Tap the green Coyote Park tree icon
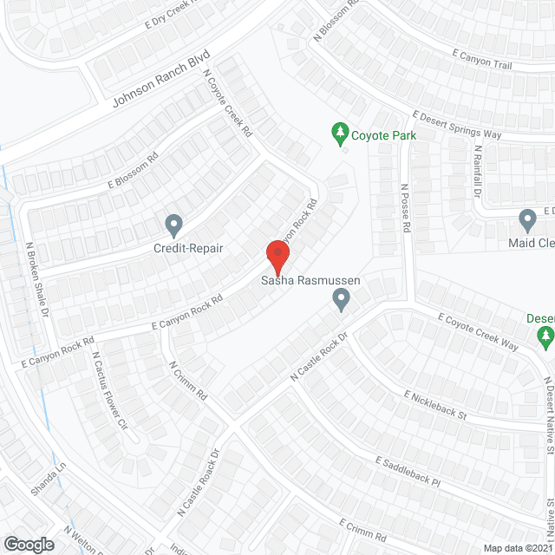[x=341, y=134]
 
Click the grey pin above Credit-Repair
[x=173, y=225]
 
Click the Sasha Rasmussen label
[x=310, y=281]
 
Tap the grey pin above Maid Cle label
[x=526, y=220]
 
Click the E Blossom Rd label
[x=133, y=172]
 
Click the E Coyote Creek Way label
[x=478, y=333]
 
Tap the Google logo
[x=29, y=544]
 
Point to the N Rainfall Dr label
[x=476, y=172]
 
